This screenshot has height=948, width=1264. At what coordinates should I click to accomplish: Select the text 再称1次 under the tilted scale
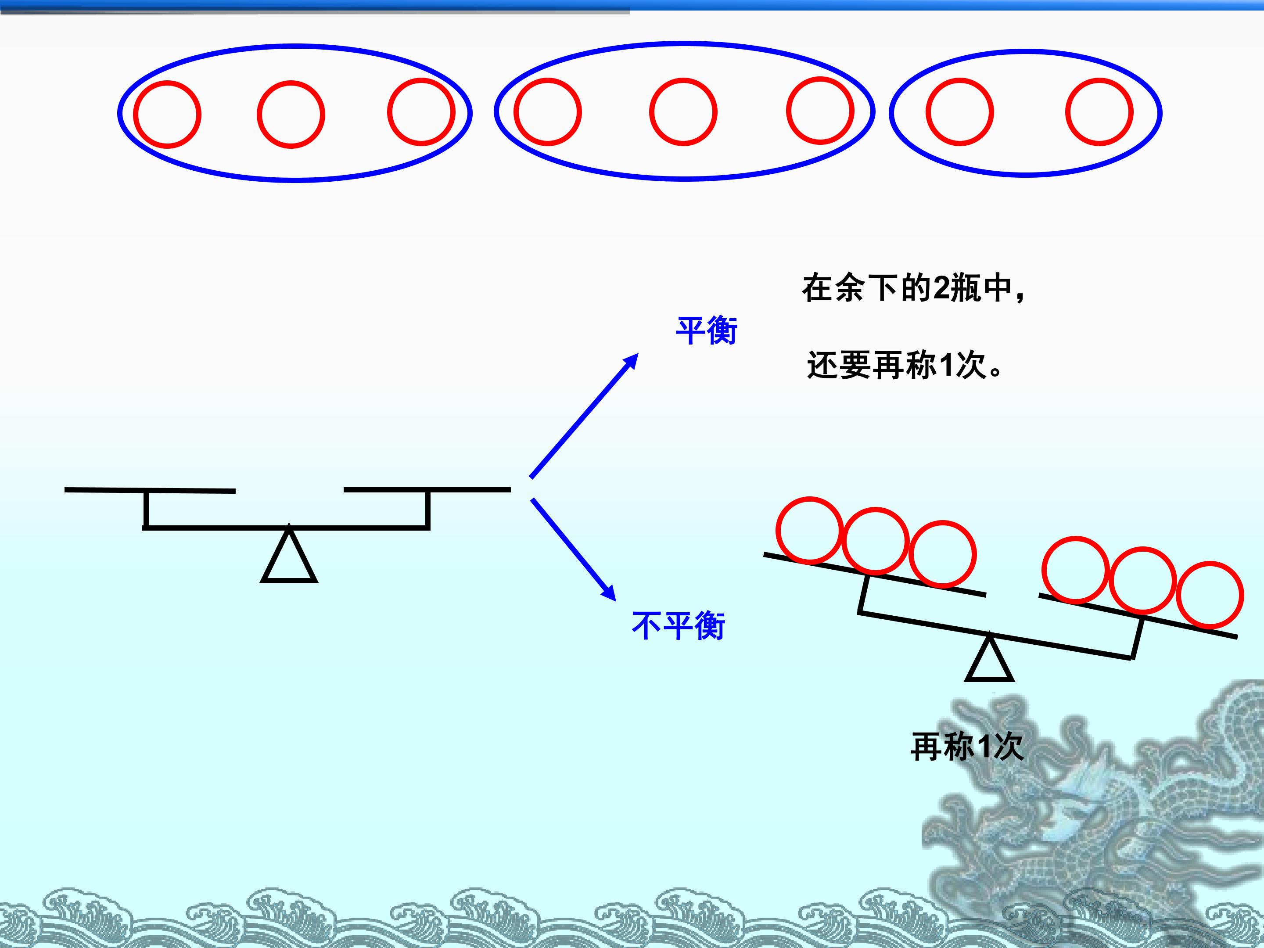(x=966, y=746)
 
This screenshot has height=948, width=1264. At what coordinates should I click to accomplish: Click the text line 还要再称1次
(x=905, y=365)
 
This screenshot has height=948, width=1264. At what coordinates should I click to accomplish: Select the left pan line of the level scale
(x=150, y=490)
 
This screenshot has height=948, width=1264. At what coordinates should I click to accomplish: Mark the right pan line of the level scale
(x=427, y=489)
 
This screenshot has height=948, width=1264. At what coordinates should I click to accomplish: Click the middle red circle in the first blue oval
(x=291, y=114)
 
